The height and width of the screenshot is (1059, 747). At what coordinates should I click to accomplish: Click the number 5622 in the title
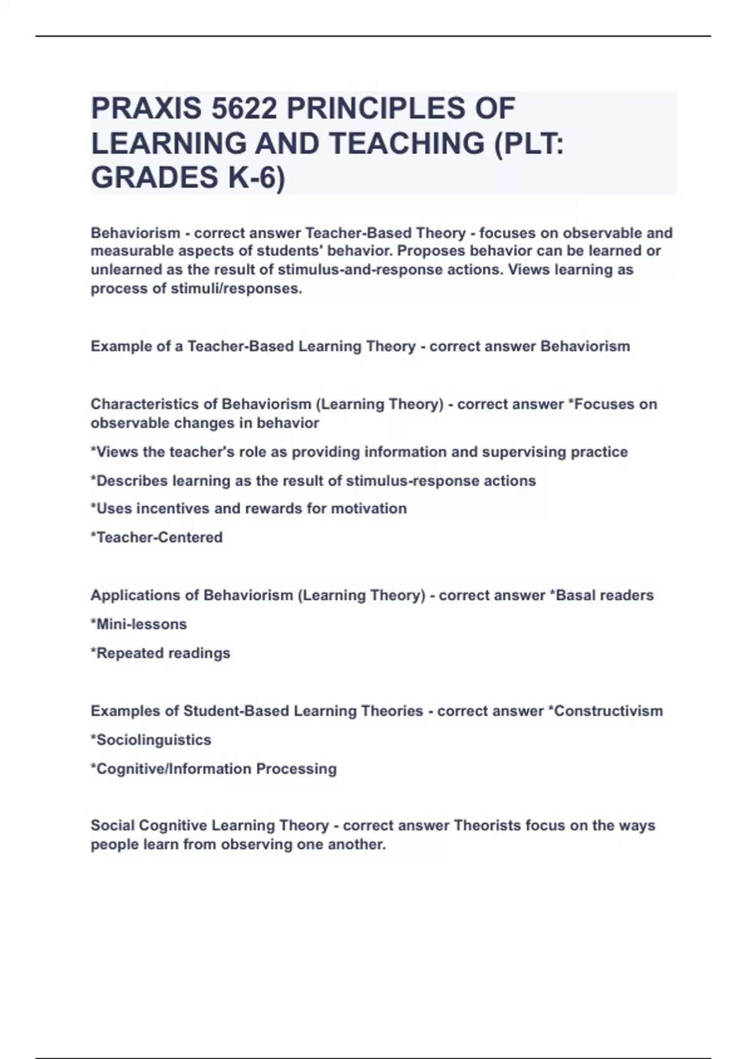pos(244,108)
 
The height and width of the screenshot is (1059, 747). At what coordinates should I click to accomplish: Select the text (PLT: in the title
pos(528,143)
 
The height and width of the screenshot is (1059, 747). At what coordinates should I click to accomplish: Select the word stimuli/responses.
pos(237,288)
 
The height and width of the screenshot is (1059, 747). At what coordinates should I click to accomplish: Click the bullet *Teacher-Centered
pos(156,537)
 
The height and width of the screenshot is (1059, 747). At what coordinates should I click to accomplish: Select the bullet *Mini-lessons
pos(139,624)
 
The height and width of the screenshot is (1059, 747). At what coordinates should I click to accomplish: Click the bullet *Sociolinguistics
pos(151,740)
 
